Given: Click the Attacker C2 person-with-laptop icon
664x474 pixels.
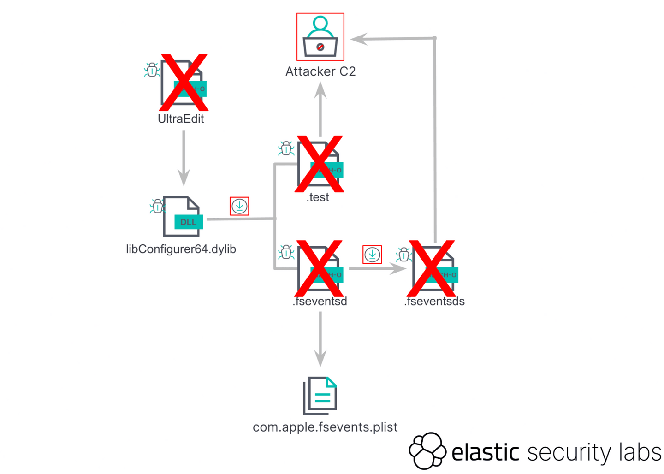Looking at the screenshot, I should [320, 36].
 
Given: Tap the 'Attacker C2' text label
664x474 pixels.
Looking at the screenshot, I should [320, 71].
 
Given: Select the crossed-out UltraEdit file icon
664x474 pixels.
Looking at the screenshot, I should [184, 83].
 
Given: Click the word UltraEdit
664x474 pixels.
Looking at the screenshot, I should [181, 119].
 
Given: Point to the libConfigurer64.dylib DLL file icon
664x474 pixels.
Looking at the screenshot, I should [183, 217].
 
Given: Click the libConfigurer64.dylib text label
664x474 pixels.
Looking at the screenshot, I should [181, 249].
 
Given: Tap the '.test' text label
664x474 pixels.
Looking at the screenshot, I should [318, 197].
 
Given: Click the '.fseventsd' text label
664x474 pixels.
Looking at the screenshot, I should [320, 302].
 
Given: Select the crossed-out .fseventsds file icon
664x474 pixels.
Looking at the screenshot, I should [433, 268].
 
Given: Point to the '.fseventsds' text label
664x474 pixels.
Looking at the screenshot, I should [434, 302].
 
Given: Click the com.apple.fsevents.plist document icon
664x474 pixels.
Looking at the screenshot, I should [320, 396].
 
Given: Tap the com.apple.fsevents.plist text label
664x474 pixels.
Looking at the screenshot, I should [325, 427].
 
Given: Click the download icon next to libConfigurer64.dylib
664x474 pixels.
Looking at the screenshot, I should [239, 206].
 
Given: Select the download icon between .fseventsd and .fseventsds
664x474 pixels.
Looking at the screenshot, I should [372, 255].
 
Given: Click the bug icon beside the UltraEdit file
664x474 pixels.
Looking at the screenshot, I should [152, 70].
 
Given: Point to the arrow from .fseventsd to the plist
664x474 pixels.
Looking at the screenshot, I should [320, 339].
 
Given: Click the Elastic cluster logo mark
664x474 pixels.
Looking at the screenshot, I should [427, 450].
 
